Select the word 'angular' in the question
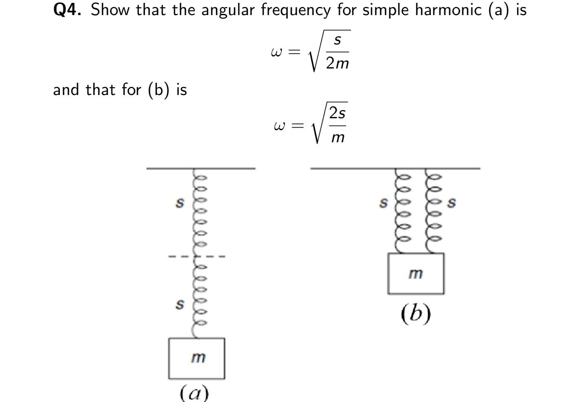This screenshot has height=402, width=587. (x=228, y=10)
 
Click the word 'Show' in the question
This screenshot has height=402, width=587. (x=110, y=10)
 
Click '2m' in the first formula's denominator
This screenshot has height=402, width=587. (x=337, y=63)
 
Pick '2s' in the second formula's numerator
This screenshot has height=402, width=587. (x=338, y=113)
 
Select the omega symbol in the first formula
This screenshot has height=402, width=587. (x=276, y=52)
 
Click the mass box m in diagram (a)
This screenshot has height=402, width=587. (x=197, y=358)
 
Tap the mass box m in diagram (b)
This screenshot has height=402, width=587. (x=415, y=274)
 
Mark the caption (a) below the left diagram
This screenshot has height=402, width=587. (x=194, y=393)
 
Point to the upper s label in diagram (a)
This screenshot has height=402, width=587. (x=179, y=202)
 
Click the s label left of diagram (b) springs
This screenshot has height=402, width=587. (x=383, y=202)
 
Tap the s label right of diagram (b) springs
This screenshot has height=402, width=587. (x=451, y=202)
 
